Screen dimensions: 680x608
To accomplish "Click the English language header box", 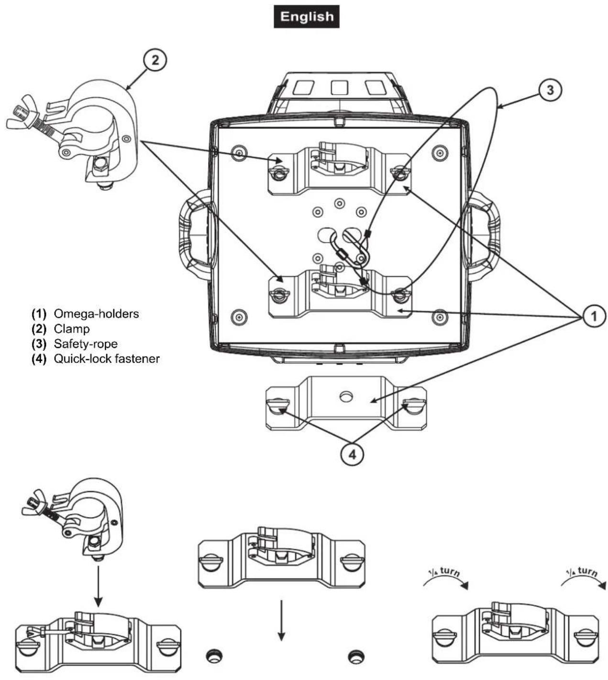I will pos(306,17).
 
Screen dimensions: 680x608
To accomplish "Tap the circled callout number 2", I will pos(154,61).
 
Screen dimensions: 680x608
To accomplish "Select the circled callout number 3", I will pos(550,90).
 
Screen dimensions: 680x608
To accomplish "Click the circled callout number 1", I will pos(594,316).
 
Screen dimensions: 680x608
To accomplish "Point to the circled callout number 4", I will pos(352,455).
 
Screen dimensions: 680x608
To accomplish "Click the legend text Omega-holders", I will pos(96,314).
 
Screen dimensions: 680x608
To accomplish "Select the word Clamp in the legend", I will pos(72,329).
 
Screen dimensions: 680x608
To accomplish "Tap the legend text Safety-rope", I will pos(86,344).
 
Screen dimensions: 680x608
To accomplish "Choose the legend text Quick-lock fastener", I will pos(107,358).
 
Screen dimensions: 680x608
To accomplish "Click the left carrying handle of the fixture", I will pos(194,235).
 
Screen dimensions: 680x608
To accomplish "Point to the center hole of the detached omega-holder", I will pos(345,396).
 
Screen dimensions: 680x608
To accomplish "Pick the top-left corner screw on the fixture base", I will pos(238,153).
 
